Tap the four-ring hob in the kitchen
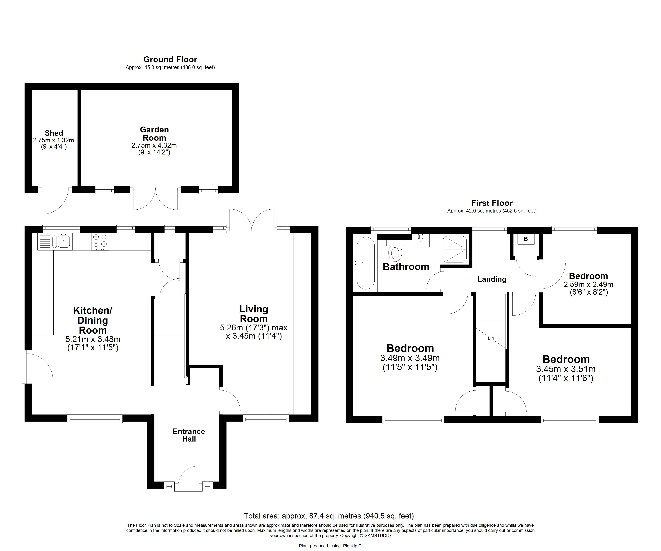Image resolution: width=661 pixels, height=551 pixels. pyautogui.click(x=100, y=242)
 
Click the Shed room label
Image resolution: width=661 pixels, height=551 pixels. pyautogui.click(x=54, y=133)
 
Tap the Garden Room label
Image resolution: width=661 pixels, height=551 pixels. pyautogui.click(x=154, y=134)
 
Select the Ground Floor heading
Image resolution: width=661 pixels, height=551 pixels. pyautogui.click(x=170, y=60)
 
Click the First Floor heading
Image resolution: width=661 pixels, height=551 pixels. pyautogui.click(x=492, y=203)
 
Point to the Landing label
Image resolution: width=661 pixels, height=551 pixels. pyautogui.click(x=492, y=279)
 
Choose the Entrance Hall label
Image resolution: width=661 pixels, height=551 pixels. pyautogui.click(x=189, y=435)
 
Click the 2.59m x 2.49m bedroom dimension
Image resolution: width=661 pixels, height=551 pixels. pyautogui.click(x=588, y=285)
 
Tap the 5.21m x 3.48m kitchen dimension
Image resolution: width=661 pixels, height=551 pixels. pyautogui.click(x=93, y=339)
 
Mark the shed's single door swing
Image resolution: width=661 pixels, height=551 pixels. pyautogui.click(x=55, y=201)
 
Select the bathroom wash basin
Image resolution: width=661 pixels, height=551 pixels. pyautogui.click(x=420, y=241)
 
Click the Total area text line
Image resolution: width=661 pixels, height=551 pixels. pyautogui.click(x=329, y=516)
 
